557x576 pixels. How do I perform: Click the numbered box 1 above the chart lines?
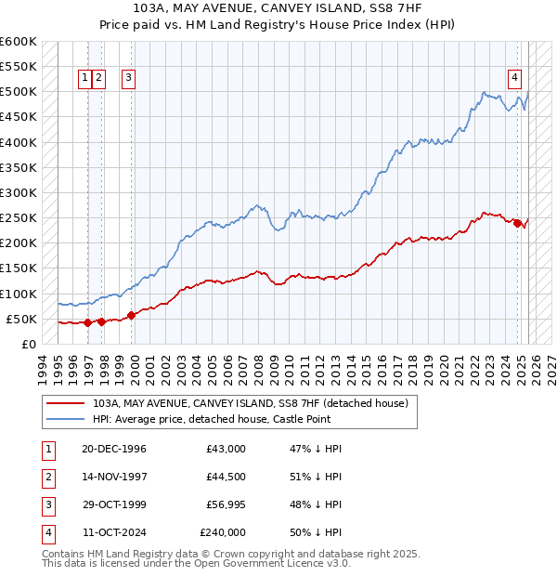pyautogui.click(x=84, y=79)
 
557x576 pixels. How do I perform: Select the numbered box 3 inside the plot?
pyautogui.click(x=127, y=79)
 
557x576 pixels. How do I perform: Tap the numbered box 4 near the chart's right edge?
pyautogui.click(x=513, y=79)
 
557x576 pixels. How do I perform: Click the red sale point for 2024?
pyautogui.click(x=517, y=223)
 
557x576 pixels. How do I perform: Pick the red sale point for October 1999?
pyautogui.click(x=131, y=315)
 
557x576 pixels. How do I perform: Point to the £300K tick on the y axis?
pyautogui.click(x=20, y=192)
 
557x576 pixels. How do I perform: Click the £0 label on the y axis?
pyautogui.click(x=30, y=344)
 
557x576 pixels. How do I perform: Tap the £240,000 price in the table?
pyautogui.click(x=223, y=533)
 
